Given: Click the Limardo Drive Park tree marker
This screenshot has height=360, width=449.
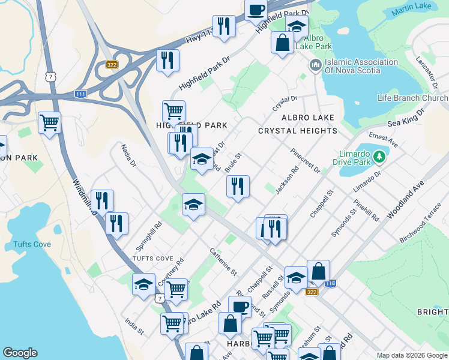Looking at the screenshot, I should [378, 157].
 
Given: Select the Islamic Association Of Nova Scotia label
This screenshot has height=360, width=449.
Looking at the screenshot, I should [352, 66].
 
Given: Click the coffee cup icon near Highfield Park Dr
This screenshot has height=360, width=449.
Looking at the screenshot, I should [256, 10].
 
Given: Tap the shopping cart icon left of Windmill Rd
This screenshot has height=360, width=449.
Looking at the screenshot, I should [49, 122].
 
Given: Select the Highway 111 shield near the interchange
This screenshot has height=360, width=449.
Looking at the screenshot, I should [80, 94].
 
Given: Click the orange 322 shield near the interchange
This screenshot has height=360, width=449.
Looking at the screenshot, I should [111, 65].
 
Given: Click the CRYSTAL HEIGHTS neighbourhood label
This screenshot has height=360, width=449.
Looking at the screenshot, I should [297, 131].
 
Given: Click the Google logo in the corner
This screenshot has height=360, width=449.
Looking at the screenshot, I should [20, 353].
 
